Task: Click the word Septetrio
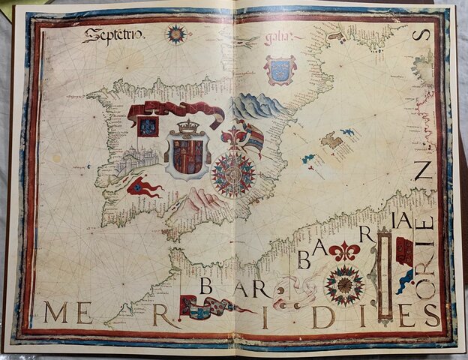pos(113,34)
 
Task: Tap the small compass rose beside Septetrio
pos(176,33)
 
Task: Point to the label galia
pos(277,38)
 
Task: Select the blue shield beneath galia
pos(279,69)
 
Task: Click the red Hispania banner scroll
pos(175,112)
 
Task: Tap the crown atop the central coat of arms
pos(188,127)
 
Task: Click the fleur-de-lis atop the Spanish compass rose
pos(233,137)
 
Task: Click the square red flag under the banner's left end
pos(148,126)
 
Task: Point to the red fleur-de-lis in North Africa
pos(344,251)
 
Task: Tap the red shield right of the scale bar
pos(404,251)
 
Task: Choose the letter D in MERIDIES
pos(323,316)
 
